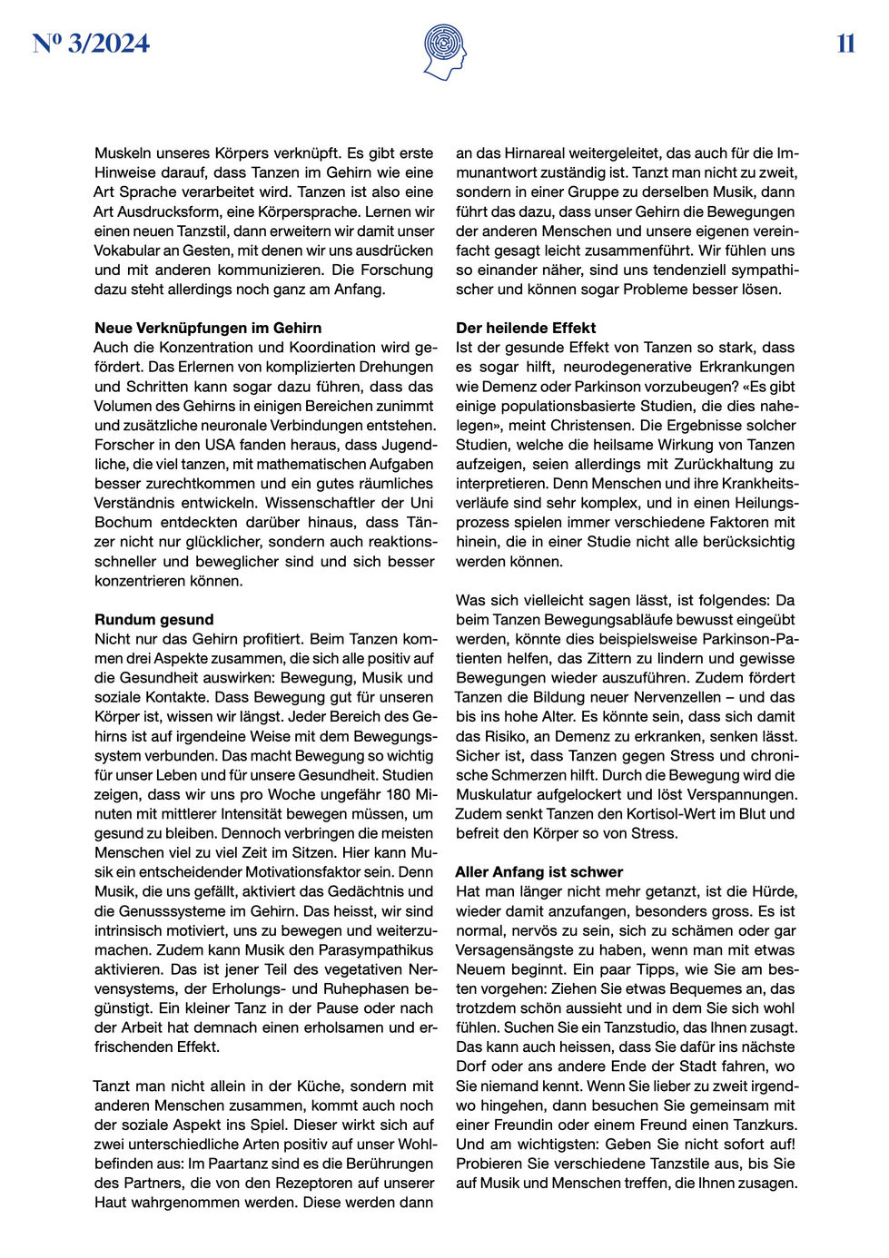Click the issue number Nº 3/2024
[x=91, y=44]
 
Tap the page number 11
[x=845, y=44]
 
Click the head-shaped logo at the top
[x=444, y=52]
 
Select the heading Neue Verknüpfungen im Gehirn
[x=208, y=328]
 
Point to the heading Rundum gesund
[x=154, y=619]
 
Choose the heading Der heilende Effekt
[x=526, y=328]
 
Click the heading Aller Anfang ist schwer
[x=539, y=871]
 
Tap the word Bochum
[x=123, y=522]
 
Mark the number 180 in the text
[x=400, y=794]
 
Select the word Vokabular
[x=128, y=251]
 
